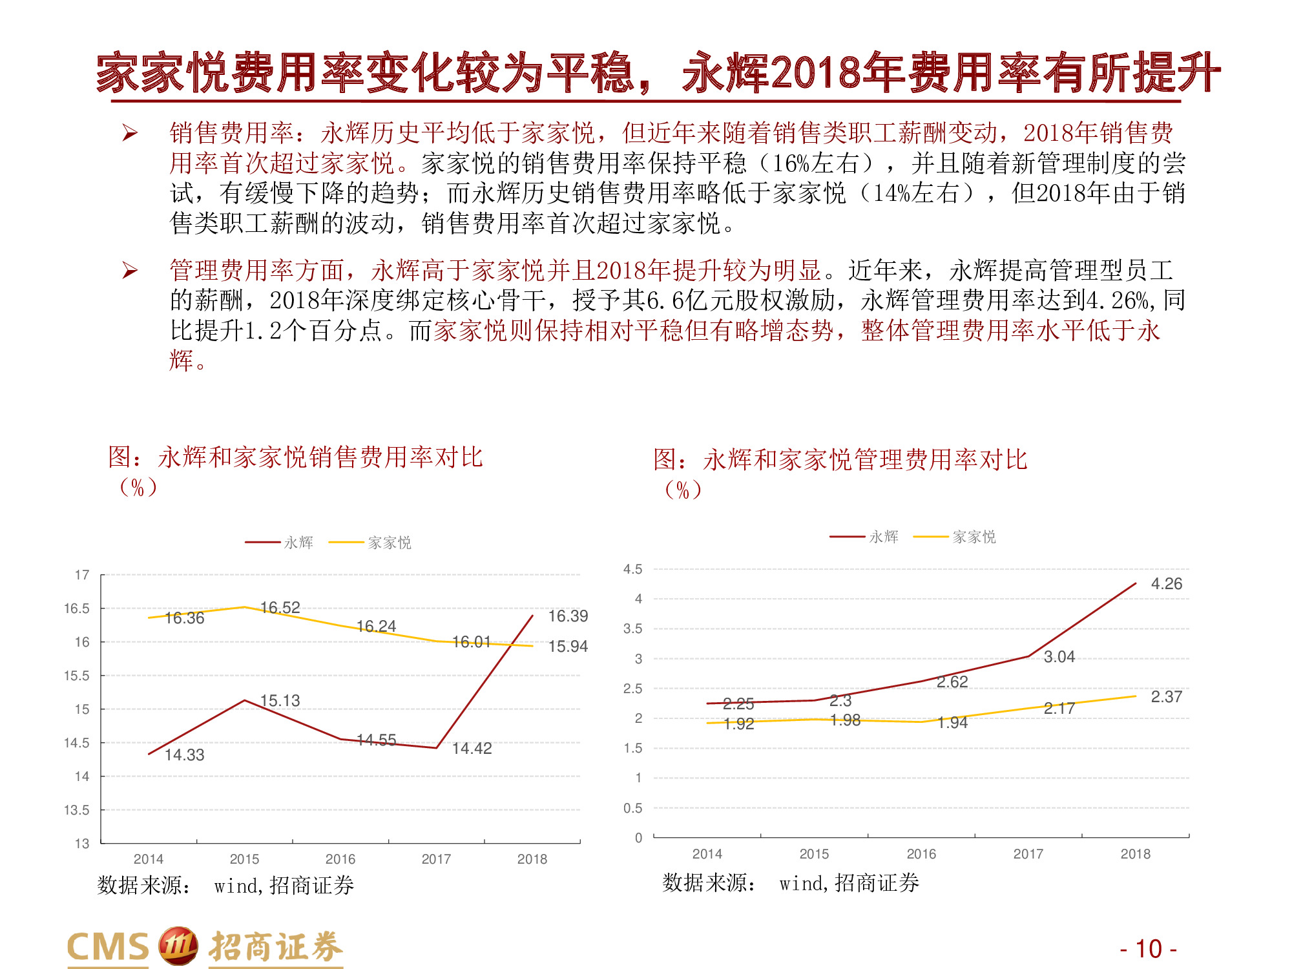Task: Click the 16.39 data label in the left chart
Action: (568, 616)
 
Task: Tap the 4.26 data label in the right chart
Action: (1166, 584)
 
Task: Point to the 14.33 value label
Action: (184, 755)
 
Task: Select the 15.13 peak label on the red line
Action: (280, 700)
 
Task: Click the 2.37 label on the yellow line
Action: (1166, 697)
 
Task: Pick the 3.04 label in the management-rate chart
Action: (1059, 657)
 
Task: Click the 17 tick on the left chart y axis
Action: (82, 575)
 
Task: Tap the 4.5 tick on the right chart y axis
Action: (632, 569)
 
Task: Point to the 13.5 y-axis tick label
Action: (77, 810)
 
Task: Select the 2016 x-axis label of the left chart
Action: (340, 859)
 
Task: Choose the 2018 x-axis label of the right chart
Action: (1135, 854)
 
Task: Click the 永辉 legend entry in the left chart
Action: (298, 543)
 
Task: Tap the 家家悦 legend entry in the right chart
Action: (974, 537)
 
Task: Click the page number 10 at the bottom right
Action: (1149, 949)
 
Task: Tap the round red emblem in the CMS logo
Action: (178, 946)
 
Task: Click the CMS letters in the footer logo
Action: (108, 948)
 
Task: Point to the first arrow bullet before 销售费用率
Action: (130, 133)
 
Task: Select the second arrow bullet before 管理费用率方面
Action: (130, 270)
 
